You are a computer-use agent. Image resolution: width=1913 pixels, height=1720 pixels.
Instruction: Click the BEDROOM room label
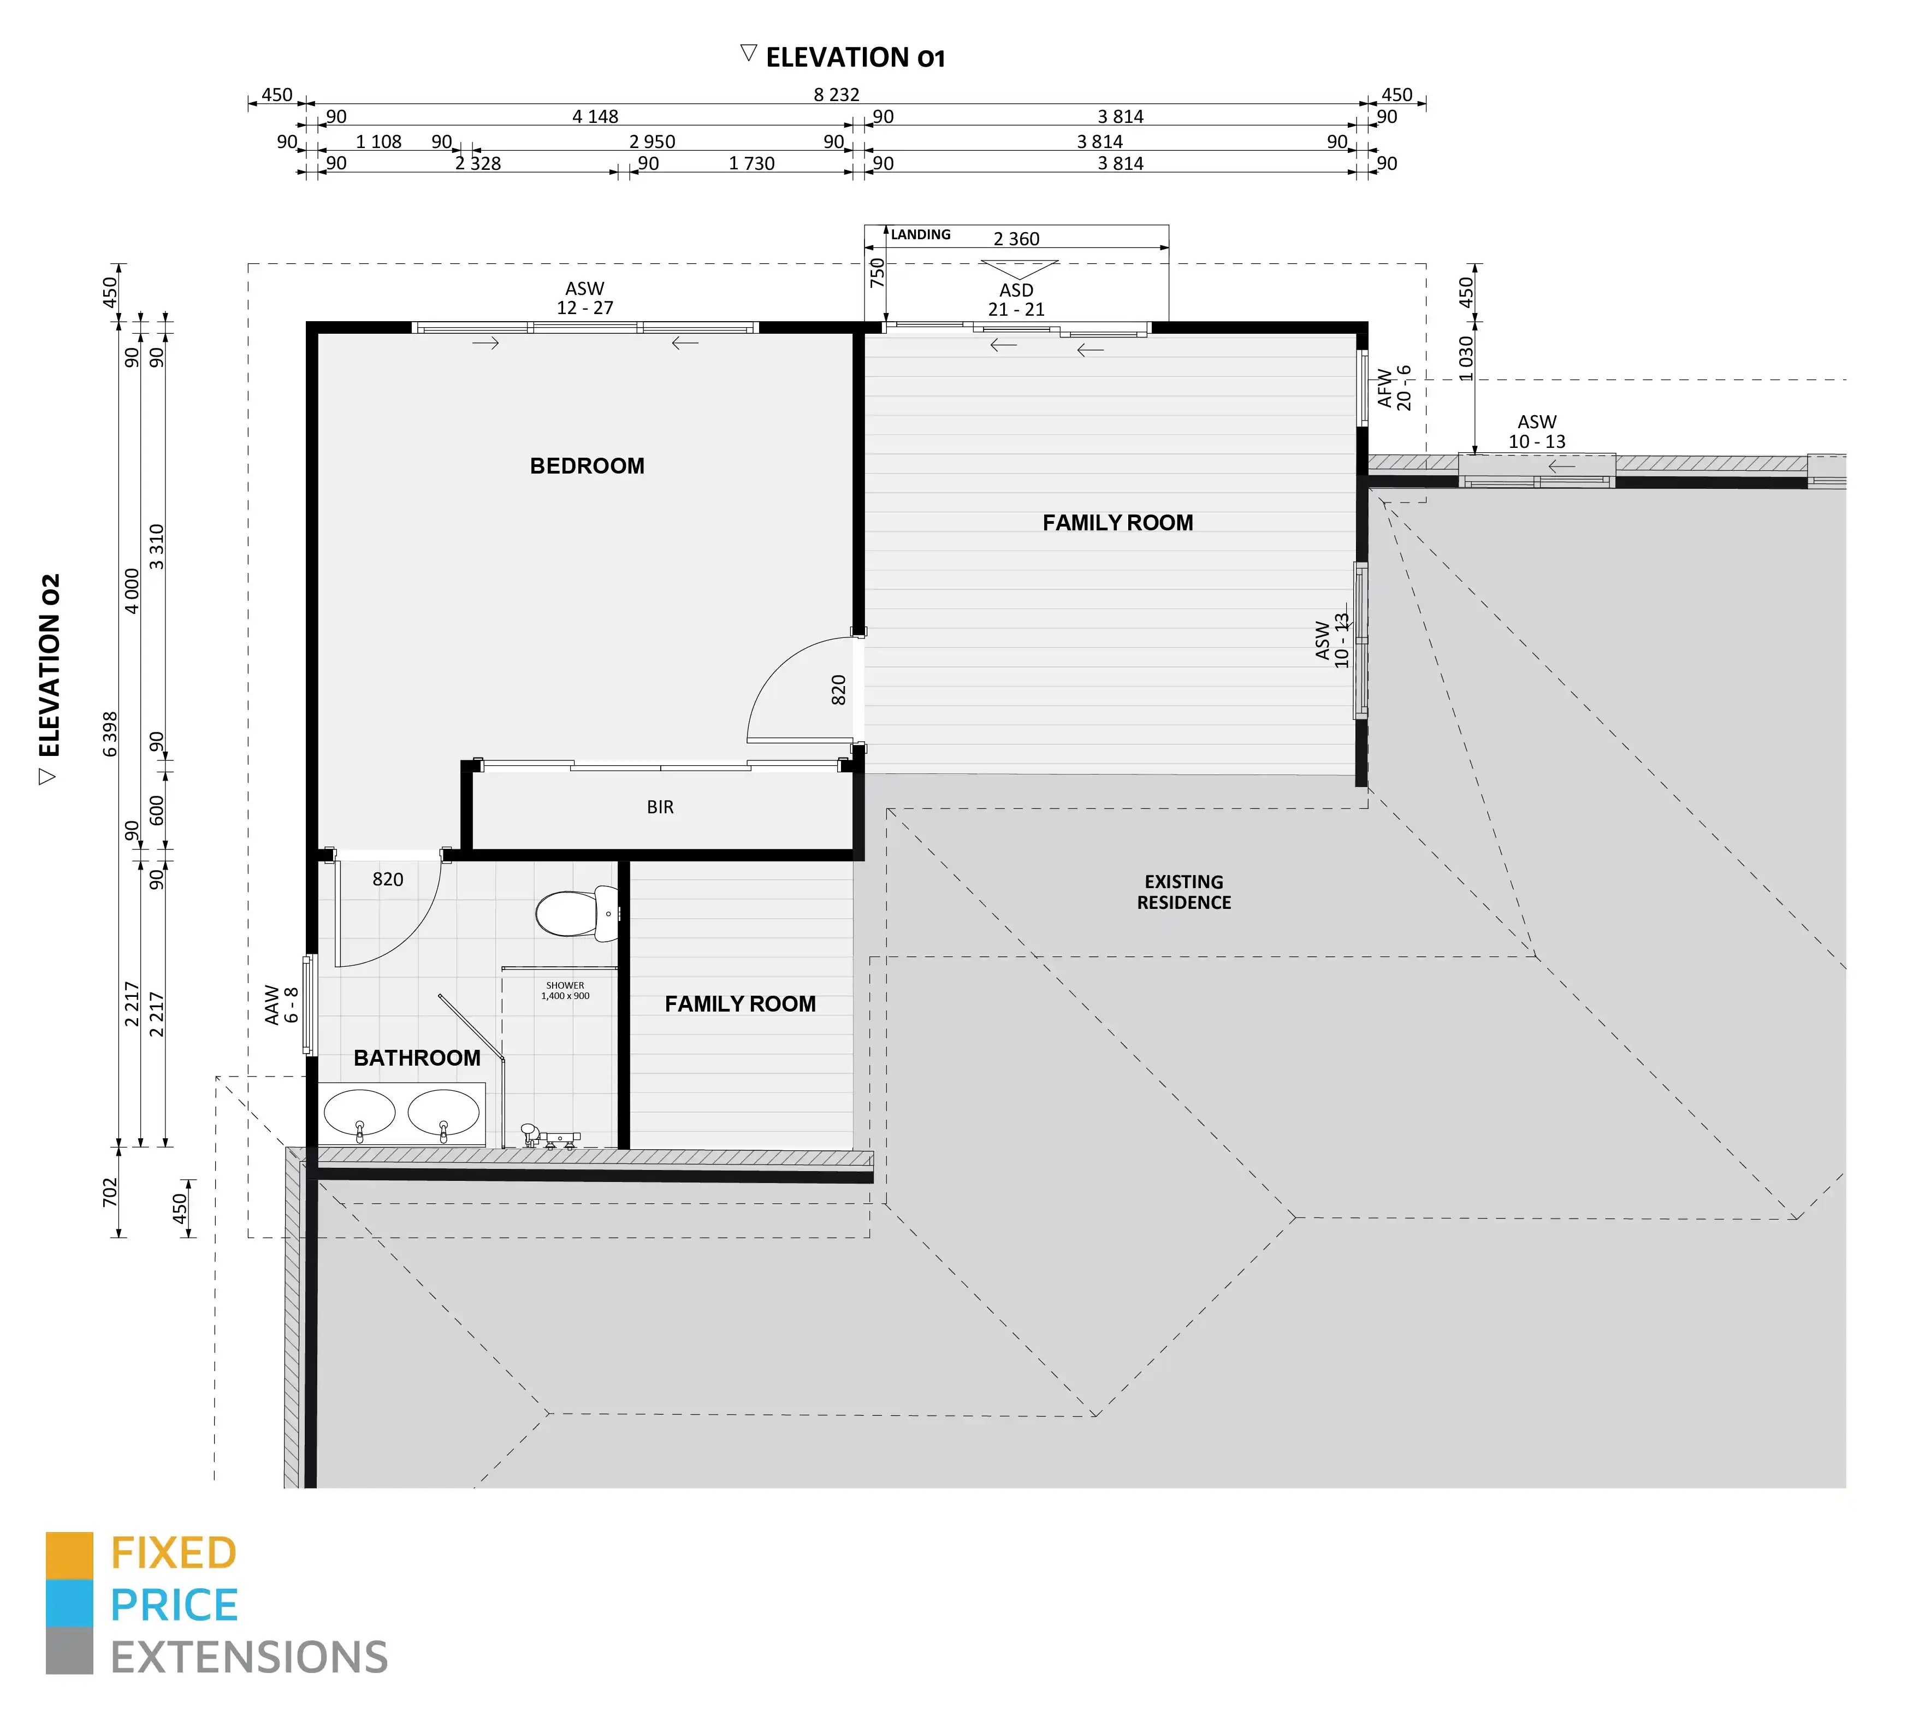point(587,466)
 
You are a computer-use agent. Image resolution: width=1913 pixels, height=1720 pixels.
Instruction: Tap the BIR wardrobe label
point(660,807)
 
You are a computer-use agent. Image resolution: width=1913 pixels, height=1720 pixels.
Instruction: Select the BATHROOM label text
point(417,1057)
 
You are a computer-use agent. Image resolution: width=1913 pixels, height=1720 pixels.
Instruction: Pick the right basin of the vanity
point(443,1113)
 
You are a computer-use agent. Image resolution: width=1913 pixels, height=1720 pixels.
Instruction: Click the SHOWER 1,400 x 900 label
point(565,990)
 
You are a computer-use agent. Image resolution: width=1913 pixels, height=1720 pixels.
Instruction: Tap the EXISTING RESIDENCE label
point(1184,892)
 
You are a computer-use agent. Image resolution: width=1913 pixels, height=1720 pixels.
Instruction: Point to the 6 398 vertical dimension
point(110,734)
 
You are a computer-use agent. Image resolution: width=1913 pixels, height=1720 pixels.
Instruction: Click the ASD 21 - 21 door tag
point(1016,299)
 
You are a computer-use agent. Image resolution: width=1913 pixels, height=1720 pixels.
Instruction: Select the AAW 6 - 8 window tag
point(282,1004)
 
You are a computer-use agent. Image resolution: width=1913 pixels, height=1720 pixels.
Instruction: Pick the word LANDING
point(921,234)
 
